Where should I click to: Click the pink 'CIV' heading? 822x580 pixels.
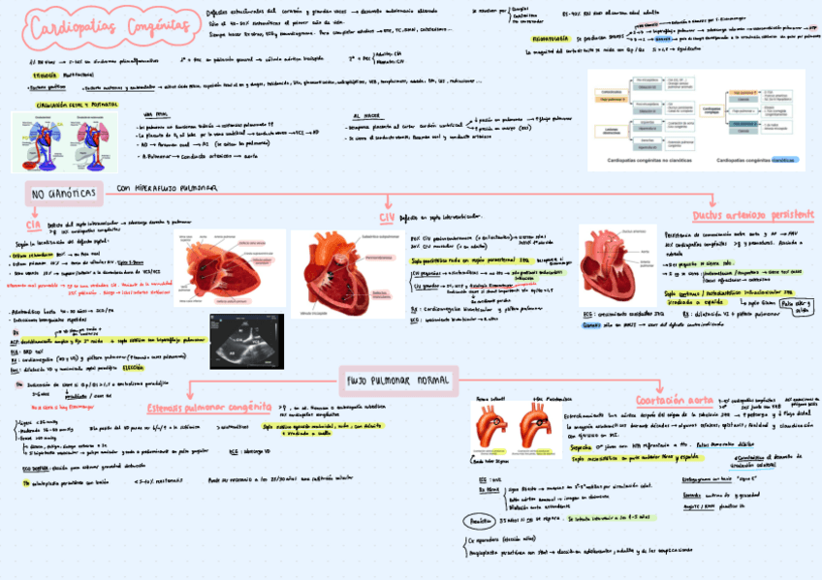[x=387, y=219]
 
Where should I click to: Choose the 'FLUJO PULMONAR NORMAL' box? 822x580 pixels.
[x=397, y=379]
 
